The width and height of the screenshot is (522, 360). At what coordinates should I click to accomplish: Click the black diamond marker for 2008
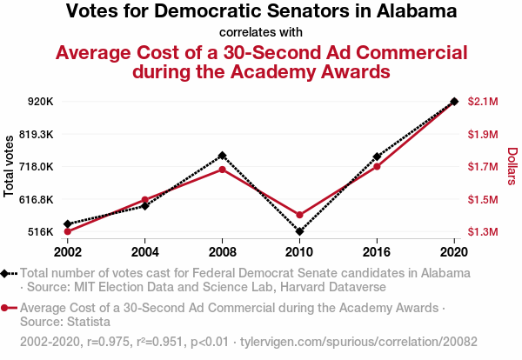[x=222, y=156]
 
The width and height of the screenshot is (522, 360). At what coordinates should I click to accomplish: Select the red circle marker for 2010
[x=299, y=215]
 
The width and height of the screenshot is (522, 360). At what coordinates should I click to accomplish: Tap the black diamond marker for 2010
[x=299, y=231]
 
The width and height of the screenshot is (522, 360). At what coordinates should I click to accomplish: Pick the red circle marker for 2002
[x=67, y=231]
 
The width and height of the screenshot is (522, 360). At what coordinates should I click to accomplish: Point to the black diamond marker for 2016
[x=377, y=157]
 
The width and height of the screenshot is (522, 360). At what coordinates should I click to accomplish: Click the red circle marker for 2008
[x=222, y=169]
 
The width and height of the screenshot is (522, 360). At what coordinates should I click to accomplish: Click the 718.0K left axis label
[x=37, y=167]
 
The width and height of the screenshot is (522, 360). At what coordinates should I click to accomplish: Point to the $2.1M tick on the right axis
[x=483, y=102]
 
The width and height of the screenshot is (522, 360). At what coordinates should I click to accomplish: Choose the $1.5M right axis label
[x=483, y=200]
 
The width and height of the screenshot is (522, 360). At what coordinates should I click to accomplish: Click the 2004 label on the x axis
[x=144, y=251]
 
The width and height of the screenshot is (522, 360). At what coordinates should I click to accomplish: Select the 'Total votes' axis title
[x=10, y=166]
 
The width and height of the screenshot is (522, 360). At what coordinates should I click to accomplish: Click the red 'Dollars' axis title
[x=512, y=166]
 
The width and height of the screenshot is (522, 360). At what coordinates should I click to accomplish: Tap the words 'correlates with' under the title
[x=261, y=33]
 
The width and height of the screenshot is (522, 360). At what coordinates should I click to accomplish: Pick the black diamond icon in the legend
[x=8, y=273]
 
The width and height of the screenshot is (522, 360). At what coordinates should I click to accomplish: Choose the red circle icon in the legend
[x=8, y=308]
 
